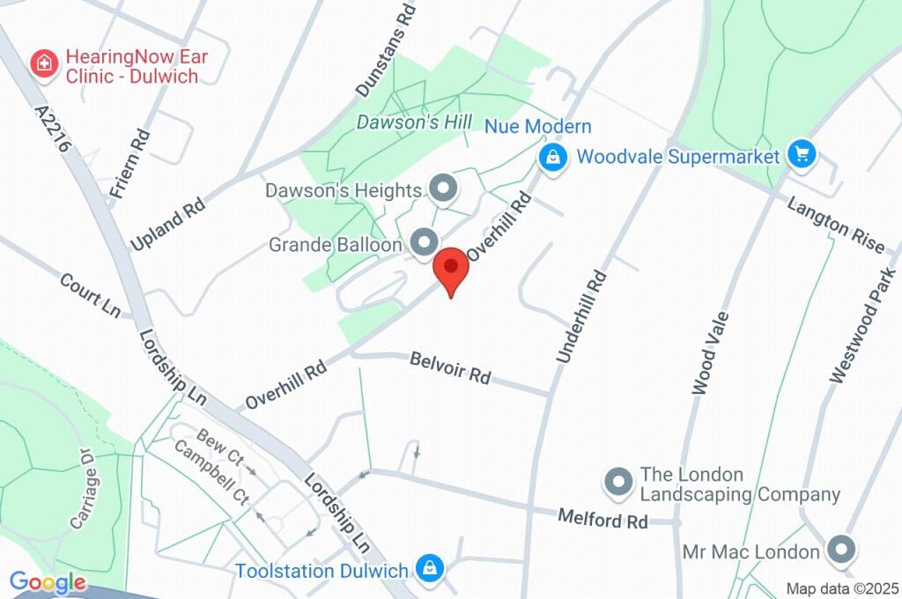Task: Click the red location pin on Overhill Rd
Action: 452,268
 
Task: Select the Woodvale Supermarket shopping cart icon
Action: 802,156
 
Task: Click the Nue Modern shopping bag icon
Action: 552,159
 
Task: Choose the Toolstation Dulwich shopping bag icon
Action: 430,568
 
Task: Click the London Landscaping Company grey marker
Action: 617,482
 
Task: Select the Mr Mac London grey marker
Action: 841,551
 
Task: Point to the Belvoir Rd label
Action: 451,367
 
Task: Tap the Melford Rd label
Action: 603,518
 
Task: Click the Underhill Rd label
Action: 582,317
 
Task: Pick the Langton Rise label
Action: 835,224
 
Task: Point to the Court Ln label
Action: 90,295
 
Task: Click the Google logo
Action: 48,582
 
